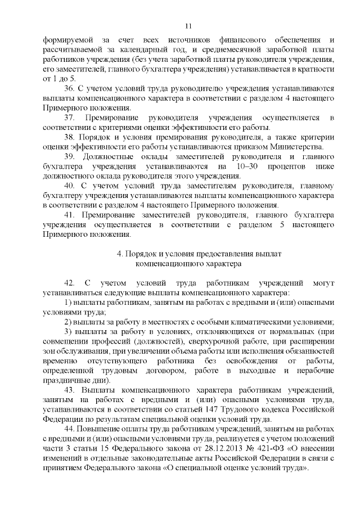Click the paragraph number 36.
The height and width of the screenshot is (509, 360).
point(70,89)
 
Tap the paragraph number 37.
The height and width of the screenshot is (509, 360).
point(70,117)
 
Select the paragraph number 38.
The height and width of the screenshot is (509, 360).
point(70,137)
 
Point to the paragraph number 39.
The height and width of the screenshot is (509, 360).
point(70,156)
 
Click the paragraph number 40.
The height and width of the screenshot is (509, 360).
point(70,185)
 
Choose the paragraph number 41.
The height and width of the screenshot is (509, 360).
point(70,214)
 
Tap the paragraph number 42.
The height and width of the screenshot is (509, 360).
point(70,283)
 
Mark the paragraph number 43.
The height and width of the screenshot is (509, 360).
point(70,390)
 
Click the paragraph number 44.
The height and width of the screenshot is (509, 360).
point(70,429)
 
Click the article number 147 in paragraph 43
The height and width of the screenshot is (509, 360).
point(228,409)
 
